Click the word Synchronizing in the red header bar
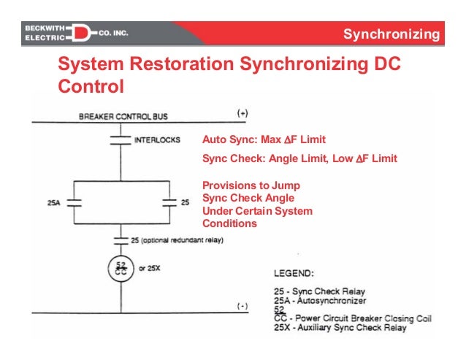pos(391,34)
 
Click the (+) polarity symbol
pos(242,113)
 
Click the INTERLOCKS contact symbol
pos(119,139)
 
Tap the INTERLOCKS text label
pos(157,139)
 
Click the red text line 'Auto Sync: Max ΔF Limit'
pos(264,139)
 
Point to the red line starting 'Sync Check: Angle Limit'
pos(299,158)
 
